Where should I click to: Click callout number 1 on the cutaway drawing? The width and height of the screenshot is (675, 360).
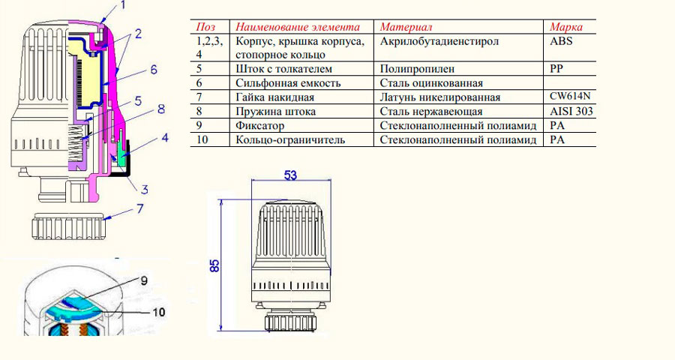pyautogui.click(x=124, y=5)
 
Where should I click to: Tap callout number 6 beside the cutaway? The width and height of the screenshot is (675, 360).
pyautogui.click(x=152, y=70)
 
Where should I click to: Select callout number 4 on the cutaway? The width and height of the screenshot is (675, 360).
pyautogui.click(x=164, y=138)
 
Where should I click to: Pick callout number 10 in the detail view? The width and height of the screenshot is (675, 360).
pyautogui.click(x=159, y=310)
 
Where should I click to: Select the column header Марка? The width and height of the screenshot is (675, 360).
pyautogui.click(x=566, y=27)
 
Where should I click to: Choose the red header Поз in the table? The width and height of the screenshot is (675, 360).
pyautogui.click(x=205, y=27)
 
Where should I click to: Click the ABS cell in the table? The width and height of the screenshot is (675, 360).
pyautogui.click(x=561, y=41)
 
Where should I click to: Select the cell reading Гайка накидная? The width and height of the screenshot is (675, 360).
pyautogui.click(x=274, y=97)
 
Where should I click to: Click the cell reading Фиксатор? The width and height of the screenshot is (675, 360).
pyautogui.click(x=260, y=126)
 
